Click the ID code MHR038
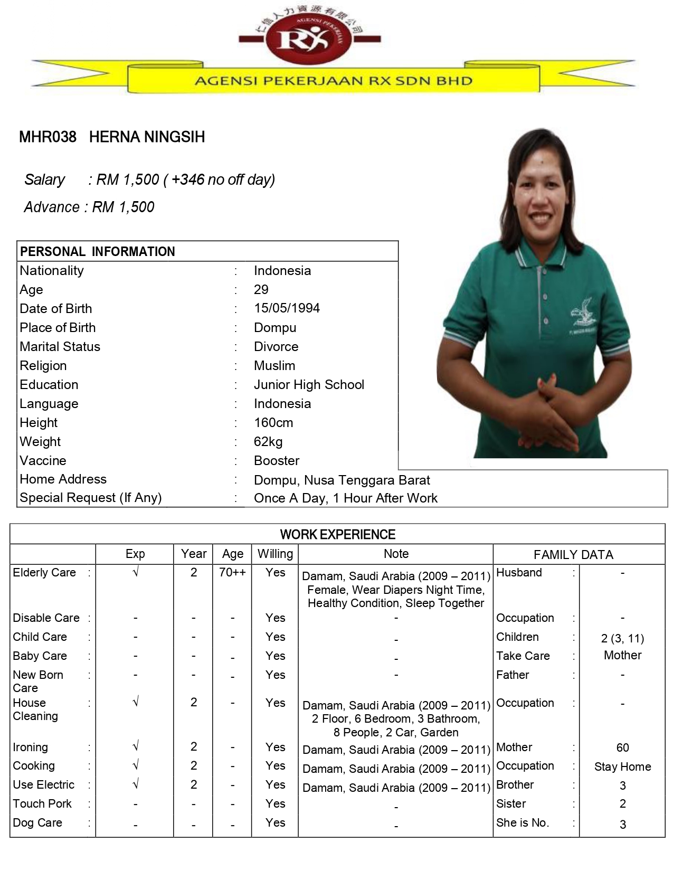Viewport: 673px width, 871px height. click(48, 137)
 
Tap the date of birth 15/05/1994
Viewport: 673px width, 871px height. click(287, 308)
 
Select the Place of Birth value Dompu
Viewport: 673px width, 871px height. click(275, 327)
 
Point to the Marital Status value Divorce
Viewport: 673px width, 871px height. click(276, 346)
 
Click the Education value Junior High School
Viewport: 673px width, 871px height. click(309, 384)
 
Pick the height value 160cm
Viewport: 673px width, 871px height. click(273, 422)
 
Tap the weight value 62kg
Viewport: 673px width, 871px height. click(268, 441)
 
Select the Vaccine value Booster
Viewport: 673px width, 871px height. click(277, 460)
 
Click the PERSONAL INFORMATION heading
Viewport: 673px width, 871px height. click(98, 251)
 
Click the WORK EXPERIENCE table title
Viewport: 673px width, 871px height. click(337, 534)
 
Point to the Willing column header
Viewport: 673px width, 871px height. click(275, 554)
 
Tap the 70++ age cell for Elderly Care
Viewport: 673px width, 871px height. click(232, 572)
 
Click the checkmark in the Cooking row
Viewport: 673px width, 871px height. click(136, 765)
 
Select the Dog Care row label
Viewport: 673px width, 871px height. click(37, 822)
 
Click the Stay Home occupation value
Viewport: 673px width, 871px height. click(622, 766)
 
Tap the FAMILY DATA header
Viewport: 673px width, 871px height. click(573, 555)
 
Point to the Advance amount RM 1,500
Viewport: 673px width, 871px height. click(123, 207)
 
